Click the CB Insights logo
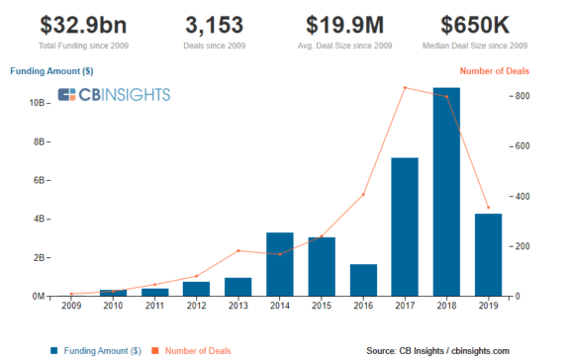pos(114,95)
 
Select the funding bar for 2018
pos(445,192)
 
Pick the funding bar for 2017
pos(404,226)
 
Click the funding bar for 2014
pos(280,264)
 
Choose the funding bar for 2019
pos(487,254)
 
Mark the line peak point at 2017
pos(405,88)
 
